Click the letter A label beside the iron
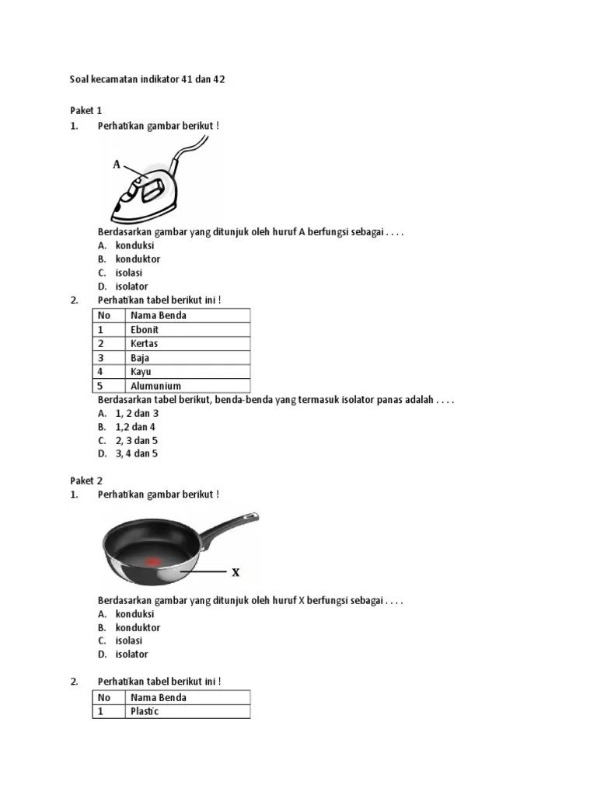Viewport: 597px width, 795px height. (117, 164)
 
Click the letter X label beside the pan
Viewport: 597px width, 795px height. (236, 573)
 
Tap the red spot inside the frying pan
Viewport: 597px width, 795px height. (152, 561)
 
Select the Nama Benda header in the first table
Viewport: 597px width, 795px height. (158, 315)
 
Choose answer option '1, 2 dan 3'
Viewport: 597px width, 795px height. (136, 413)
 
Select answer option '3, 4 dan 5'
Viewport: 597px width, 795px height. (136, 453)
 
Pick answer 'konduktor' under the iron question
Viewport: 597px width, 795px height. (138, 259)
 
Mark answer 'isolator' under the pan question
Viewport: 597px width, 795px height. (131, 654)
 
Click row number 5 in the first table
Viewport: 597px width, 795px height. (100, 386)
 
